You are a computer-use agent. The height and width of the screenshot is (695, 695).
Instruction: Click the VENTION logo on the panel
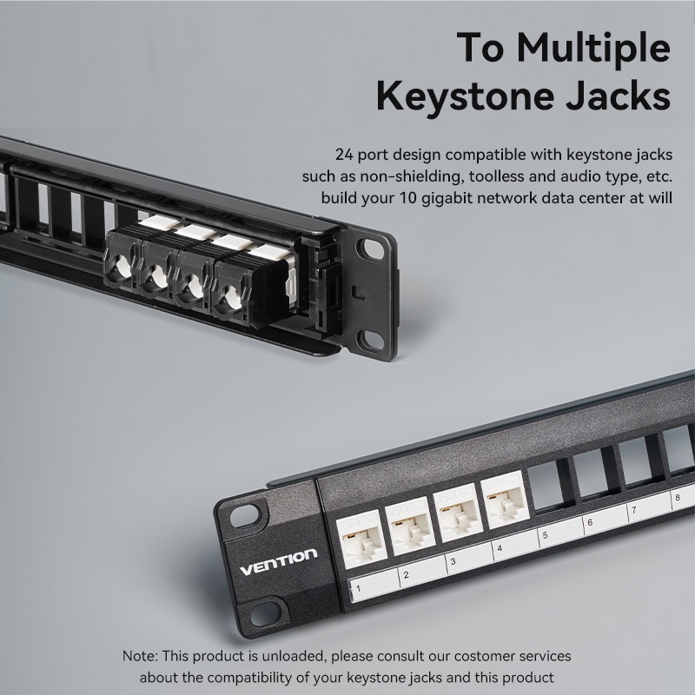tap(278, 562)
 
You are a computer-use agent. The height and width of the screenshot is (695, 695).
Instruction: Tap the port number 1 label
tap(358, 589)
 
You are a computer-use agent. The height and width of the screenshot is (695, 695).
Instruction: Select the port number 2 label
tap(406, 575)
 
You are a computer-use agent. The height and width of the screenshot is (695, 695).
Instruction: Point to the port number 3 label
tap(453, 561)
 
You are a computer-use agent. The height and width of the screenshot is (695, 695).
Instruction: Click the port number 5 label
tap(546, 535)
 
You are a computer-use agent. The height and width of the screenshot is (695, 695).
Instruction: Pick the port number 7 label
tap(634, 510)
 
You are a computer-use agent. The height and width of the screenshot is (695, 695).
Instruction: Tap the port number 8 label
tap(678, 497)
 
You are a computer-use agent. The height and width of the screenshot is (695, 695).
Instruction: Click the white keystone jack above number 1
tap(361, 537)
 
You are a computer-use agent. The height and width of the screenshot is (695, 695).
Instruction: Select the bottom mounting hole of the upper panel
tap(370, 340)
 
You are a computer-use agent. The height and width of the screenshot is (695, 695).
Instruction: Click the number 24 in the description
tap(344, 156)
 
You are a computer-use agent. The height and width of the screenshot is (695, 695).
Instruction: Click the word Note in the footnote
tap(138, 656)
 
